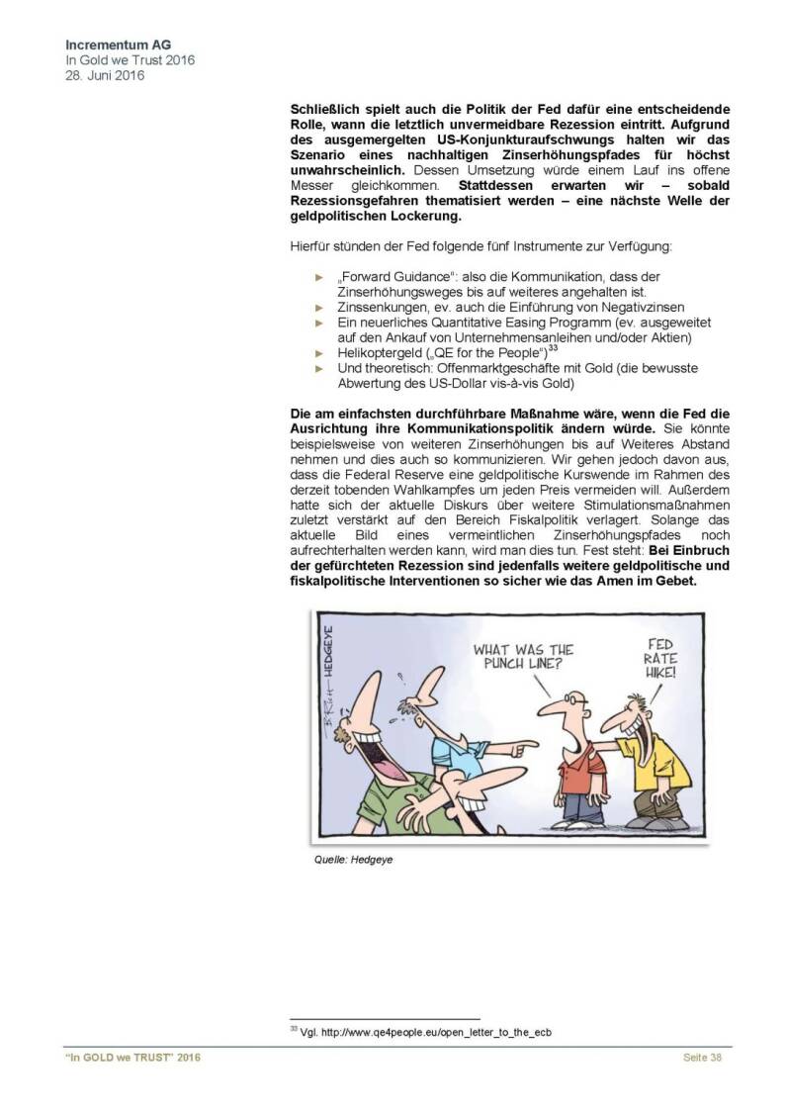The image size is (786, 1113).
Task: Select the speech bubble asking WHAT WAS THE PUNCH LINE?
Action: click(523, 657)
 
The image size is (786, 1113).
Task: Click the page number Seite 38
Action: click(703, 1059)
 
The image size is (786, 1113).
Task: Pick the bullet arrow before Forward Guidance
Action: click(319, 278)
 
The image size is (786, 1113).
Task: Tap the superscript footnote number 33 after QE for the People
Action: click(554, 348)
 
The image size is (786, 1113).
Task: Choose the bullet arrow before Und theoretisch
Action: click(319, 368)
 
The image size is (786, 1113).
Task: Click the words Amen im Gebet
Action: click(653, 582)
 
